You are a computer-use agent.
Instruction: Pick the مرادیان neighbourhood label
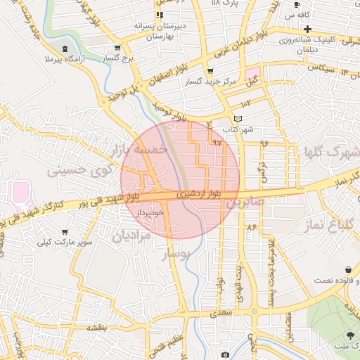pyautogui.click(x=131, y=236)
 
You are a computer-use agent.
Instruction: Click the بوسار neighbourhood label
pyautogui.click(x=177, y=255)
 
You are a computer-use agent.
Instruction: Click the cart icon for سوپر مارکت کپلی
pyautogui.click(x=65, y=231)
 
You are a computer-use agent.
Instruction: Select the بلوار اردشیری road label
pyautogui.click(x=199, y=191)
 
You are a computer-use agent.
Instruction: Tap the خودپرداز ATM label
pyautogui.click(x=150, y=211)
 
